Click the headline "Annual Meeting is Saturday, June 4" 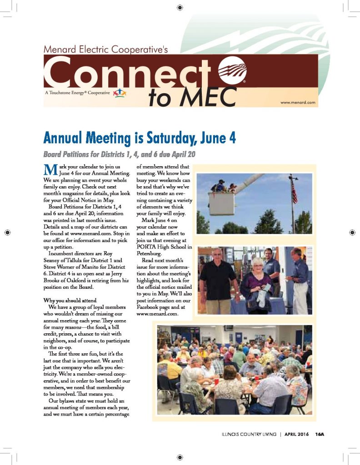(x=139, y=137)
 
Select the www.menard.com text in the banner (x=298, y=103)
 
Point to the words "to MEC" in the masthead (x=192, y=96)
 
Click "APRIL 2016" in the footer (x=296, y=434)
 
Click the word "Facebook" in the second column (x=150, y=307)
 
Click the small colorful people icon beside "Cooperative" (x=118, y=93)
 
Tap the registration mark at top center (x=180, y=7)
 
